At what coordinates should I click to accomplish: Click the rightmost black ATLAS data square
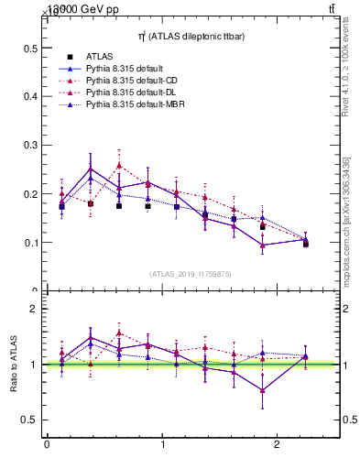(x=306, y=244)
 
